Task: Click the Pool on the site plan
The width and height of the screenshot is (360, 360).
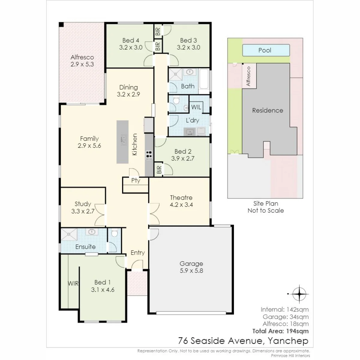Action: pos(266,50)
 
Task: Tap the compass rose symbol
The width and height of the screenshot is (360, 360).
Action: pos(299,294)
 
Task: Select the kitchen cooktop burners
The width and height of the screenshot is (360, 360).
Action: pos(149,155)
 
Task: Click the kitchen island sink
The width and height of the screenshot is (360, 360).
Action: pos(123,139)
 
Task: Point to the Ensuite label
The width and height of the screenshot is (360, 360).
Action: pos(85,247)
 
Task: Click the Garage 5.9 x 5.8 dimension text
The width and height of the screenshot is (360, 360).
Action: pos(191,271)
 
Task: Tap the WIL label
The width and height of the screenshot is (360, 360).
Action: pos(196,107)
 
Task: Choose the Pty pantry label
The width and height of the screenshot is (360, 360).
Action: pos(136,181)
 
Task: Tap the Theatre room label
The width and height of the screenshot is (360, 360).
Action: pos(181,197)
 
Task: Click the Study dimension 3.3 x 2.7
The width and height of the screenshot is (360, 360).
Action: pos(83,211)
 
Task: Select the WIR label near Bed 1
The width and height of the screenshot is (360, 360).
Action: pos(73,283)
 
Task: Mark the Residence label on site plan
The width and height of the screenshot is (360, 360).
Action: pos(268,110)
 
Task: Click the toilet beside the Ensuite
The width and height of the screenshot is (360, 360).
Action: pos(114,233)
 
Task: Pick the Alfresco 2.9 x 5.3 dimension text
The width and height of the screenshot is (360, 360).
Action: pos(82,64)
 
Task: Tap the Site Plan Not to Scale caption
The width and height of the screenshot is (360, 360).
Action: pos(266,207)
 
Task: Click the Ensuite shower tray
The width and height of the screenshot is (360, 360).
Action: pos(69,234)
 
